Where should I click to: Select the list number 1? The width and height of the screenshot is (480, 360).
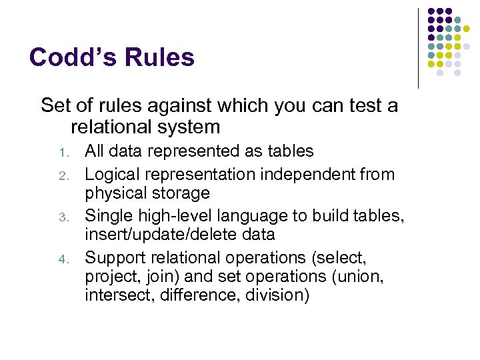click(x=63, y=153)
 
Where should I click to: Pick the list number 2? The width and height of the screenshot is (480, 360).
click(x=63, y=175)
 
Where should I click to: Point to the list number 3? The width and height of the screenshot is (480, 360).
click(x=63, y=217)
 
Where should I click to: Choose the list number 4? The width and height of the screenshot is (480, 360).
click(x=63, y=259)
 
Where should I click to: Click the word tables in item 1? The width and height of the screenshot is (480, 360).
click(x=290, y=151)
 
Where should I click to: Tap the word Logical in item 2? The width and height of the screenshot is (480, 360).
click(x=113, y=175)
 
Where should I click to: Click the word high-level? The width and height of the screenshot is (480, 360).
click(x=165, y=216)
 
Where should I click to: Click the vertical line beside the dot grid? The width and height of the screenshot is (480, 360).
click(x=418, y=48)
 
